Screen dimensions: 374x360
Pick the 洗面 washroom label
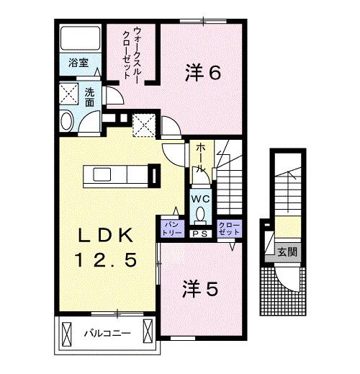(x=89, y=97)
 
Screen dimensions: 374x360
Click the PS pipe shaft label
(x=199, y=233)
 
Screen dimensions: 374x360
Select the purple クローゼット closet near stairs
(x=228, y=228)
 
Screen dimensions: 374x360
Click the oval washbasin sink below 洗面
(x=67, y=121)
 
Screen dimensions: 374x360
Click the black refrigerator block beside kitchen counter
(x=154, y=176)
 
